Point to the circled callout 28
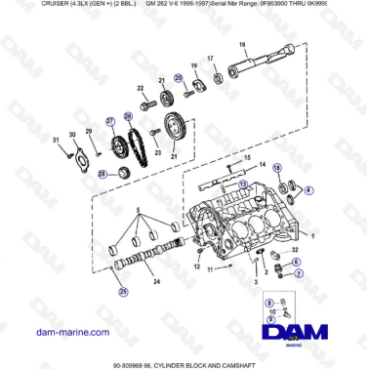pos(101,173)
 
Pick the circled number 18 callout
pos(275,169)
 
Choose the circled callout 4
pos(309,188)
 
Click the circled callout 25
pos(122,290)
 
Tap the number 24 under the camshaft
pos(157,281)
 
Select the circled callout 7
pos(300,274)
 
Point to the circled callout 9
pos(269,320)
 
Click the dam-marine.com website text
pos(72,333)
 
